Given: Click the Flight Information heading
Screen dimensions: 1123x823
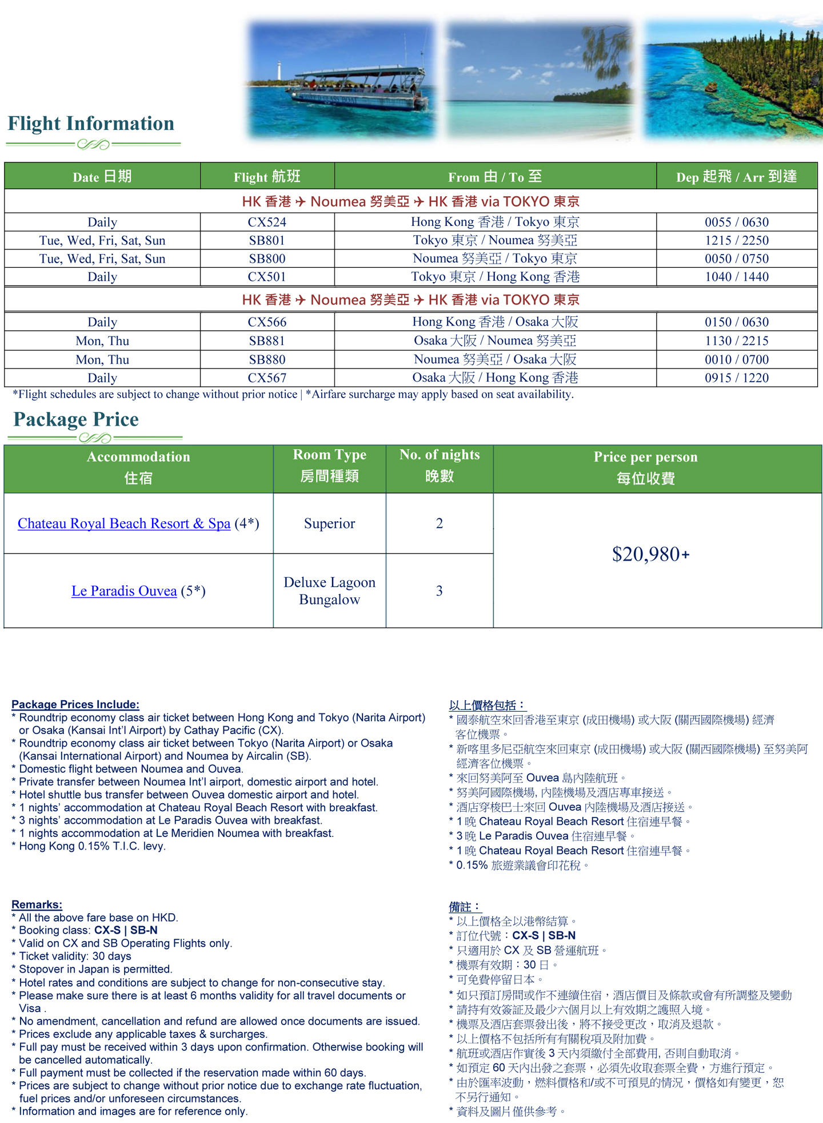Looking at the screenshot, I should coord(91,124).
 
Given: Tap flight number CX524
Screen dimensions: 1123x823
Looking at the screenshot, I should coord(267,222).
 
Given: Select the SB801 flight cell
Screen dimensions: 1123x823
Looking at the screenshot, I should coord(267,240).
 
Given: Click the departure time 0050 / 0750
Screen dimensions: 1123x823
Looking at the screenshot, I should coord(736,259).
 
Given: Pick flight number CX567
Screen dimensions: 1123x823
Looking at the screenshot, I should coord(267,378).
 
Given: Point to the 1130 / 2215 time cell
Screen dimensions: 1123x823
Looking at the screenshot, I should coord(736,341).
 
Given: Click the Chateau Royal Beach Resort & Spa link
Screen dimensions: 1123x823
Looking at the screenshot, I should coord(124,523).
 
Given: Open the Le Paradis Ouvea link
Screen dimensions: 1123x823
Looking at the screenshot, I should coord(124,591).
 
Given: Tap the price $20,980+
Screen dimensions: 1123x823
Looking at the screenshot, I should coord(651,554).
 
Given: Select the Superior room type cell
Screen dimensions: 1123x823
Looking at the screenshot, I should coord(329,523).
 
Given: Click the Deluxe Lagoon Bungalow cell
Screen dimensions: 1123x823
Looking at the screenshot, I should coord(329,591).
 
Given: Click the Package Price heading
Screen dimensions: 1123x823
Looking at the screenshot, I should coord(76,419).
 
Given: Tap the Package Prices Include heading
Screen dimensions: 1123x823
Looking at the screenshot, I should coord(75,704).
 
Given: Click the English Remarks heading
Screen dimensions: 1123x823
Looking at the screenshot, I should coord(37,904).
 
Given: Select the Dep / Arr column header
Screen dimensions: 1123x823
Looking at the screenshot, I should coord(736,177).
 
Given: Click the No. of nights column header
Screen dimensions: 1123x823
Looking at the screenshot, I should coord(439,465).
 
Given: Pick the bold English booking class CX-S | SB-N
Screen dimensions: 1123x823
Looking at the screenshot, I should coord(126,930).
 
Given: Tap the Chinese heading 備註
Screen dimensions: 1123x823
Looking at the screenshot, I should coord(464,907).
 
